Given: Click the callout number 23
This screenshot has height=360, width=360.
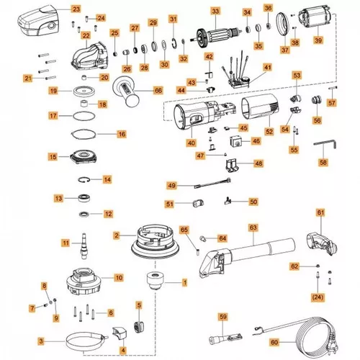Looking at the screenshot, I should click(x=77, y=9).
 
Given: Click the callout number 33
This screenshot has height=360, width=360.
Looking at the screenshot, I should click(x=215, y=12).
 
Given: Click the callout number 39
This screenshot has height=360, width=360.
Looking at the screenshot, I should click(x=318, y=40).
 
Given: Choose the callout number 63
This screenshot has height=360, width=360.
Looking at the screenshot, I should click(x=253, y=228).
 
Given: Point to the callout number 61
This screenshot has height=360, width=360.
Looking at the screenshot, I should click(x=320, y=213).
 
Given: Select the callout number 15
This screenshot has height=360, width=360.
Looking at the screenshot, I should click(x=53, y=156).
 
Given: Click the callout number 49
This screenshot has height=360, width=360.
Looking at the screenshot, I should click(x=171, y=186).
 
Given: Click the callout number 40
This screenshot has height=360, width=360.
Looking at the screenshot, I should click(x=191, y=143).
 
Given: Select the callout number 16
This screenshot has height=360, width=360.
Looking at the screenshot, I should click(x=121, y=134).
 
